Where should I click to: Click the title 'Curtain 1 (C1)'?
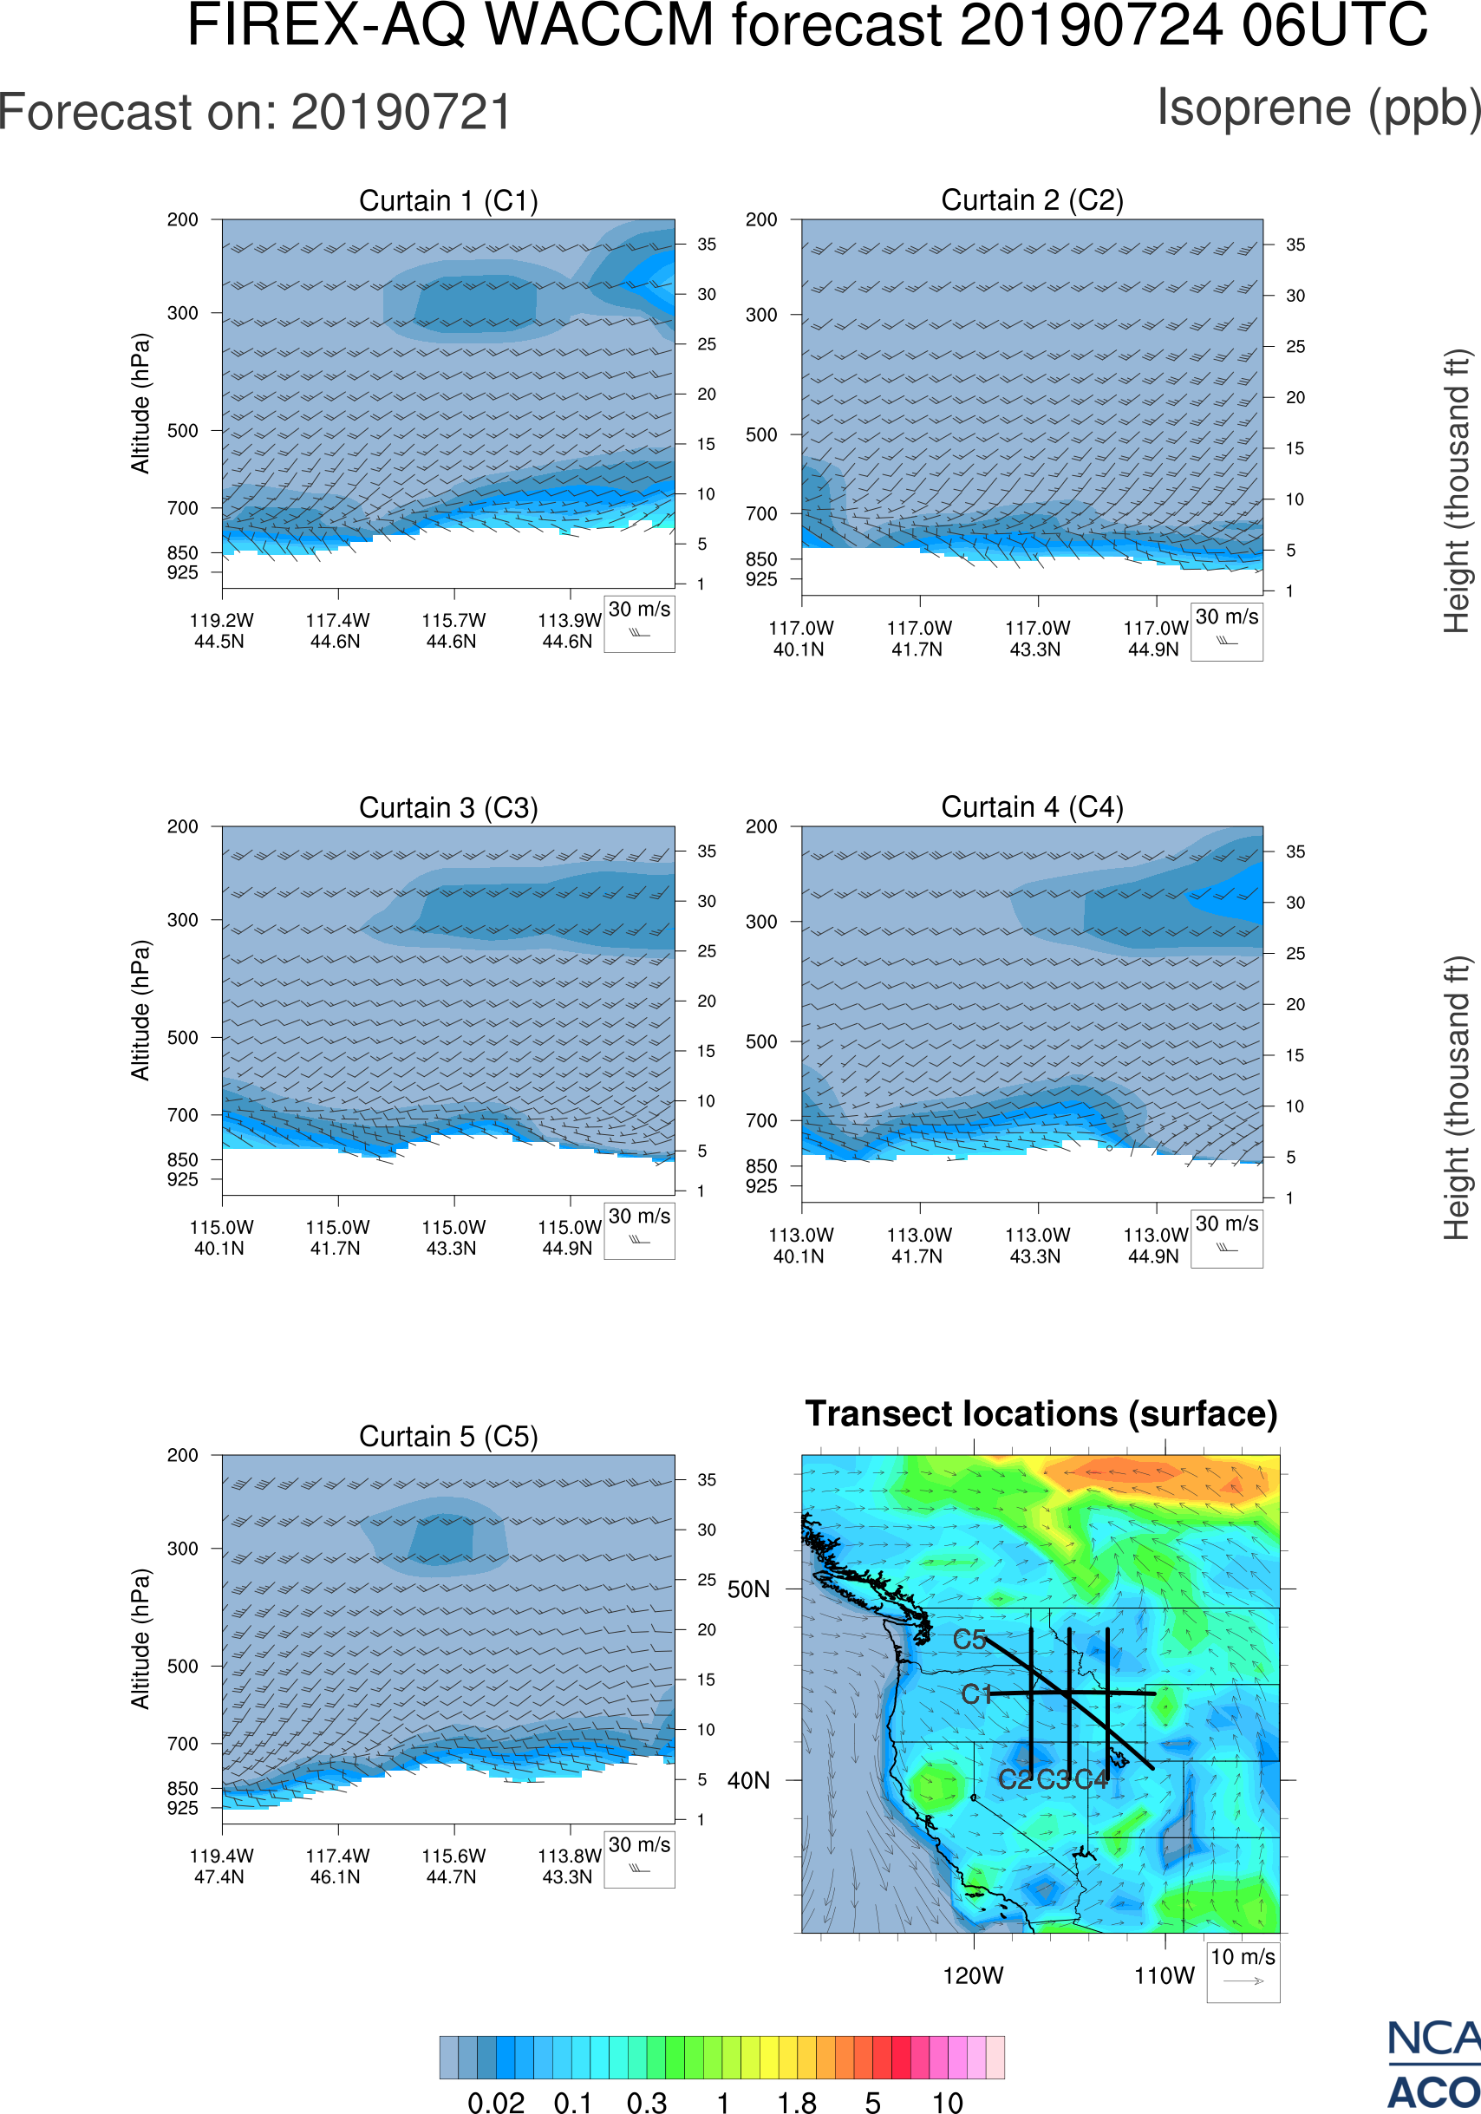(x=448, y=200)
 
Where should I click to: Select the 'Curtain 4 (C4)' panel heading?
(x=1032, y=807)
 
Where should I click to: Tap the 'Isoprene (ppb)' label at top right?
(x=1318, y=108)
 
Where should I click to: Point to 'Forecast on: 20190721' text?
(x=255, y=114)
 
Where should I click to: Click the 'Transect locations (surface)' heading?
(x=1041, y=1414)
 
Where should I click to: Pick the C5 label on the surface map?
(x=969, y=1640)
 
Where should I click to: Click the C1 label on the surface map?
(x=976, y=1694)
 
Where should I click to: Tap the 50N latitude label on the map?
(x=748, y=1590)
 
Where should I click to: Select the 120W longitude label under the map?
(x=973, y=1976)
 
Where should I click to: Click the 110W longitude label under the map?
(x=1165, y=1976)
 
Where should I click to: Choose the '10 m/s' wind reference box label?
(x=1243, y=1957)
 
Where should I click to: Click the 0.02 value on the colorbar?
(x=496, y=2102)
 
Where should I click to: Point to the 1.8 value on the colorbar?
(x=796, y=2102)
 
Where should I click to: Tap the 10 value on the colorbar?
(x=947, y=2102)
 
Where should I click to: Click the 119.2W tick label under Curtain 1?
(x=221, y=621)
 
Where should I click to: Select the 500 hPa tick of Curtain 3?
(x=182, y=1038)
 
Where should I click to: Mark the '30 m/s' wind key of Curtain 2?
(x=1226, y=617)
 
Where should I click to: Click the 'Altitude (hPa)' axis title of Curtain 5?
(x=140, y=1639)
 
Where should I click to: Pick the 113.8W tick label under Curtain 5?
(x=569, y=1856)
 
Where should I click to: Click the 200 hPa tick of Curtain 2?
(x=761, y=220)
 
